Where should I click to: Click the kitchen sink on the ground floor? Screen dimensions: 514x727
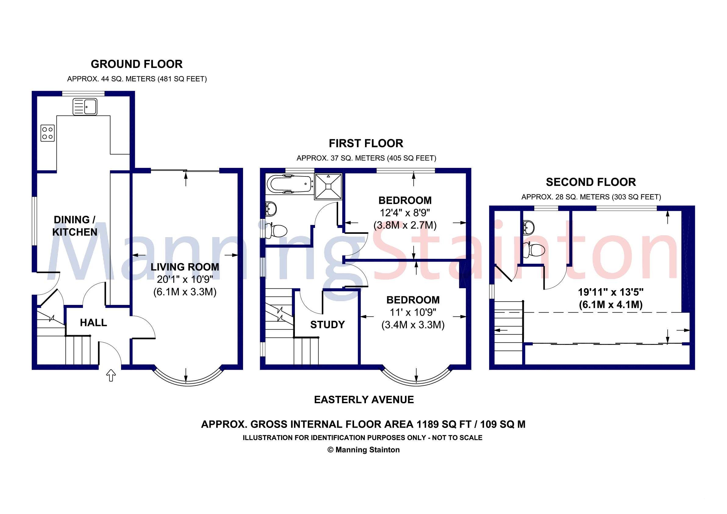point(85,107)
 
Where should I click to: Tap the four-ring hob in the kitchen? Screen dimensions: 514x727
point(48,133)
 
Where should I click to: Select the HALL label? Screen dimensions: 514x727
point(93,323)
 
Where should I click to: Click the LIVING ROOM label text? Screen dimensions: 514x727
point(184,267)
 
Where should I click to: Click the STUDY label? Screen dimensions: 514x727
point(328,324)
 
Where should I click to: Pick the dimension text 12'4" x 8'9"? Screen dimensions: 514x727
point(405,212)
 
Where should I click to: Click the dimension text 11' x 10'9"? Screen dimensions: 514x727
point(413,312)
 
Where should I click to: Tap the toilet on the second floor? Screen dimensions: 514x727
point(536,250)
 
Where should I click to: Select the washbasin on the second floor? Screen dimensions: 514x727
point(528,226)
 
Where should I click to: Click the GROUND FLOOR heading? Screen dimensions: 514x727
point(137,64)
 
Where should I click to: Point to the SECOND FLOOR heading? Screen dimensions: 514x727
point(591,182)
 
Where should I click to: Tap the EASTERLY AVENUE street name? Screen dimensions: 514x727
point(364,400)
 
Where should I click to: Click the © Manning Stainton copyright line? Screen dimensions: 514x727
point(363,450)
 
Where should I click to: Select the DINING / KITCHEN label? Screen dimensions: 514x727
point(75,226)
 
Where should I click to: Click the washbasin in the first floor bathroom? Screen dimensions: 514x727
point(271,208)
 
